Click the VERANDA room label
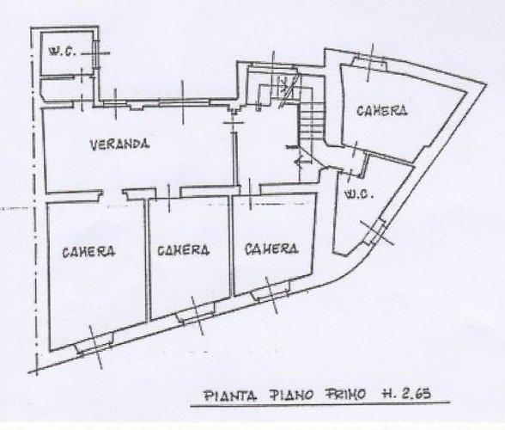pyautogui.click(x=119, y=144)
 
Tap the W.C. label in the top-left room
pyautogui.click(x=62, y=52)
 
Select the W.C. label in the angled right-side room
pyautogui.click(x=359, y=194)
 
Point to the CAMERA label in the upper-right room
pyautogui.click(x=382, y=111)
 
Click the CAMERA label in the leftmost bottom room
pyautogui.click(x=88, y=251)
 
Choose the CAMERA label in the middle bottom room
pyautogui.click(x=184, y=249)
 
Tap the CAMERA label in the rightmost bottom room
pyautogui.click(x=271, y=249)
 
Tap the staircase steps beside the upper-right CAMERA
pyautogui.click(x=312, y=120)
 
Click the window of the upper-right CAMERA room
pyautogui.click(x=368, y=62)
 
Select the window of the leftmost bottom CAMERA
pyautogui.click(x=94, y=347)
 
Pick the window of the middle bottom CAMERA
pyautogui.click(x=196, y=314)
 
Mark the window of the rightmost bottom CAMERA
pyautogui.click(x=271, y=291)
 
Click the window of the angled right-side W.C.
pyautogui.click(x=375, y=231)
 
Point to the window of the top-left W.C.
pyautogui.click(x=95, y=54)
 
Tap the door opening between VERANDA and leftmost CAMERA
pyautogui.click(x=113, y=193)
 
